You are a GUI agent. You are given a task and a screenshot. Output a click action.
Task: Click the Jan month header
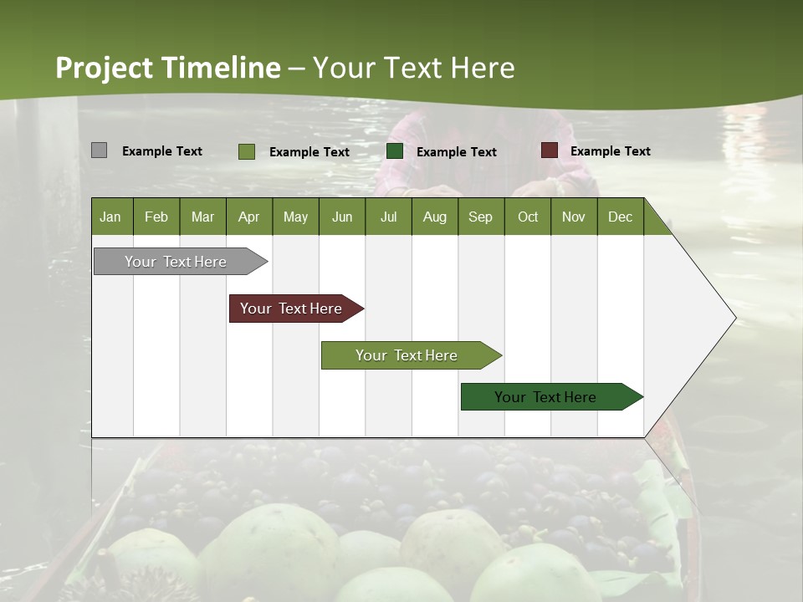coord(110,217)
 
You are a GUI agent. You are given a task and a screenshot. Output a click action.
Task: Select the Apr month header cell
coord(248,217)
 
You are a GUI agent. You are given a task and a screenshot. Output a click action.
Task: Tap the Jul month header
coord(388,217)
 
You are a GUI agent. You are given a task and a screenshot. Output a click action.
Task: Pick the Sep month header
coord(480,217)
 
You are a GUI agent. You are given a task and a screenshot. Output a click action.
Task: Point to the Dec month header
coord(620,217)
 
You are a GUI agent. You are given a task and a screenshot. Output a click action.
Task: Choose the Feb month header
coord(156,217)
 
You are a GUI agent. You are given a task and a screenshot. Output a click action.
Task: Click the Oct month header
coord(528,217)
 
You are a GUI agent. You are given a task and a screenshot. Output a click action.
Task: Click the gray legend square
coord(99,150)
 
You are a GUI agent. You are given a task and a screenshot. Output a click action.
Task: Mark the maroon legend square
coord(549,150)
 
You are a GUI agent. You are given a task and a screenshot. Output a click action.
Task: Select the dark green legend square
coord(395,151)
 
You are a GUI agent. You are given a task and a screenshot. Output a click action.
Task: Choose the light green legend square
coord(246,151)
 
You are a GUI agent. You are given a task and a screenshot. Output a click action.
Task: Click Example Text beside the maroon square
coord(610,151)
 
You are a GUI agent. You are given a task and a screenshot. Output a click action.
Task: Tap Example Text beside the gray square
coord(161,151)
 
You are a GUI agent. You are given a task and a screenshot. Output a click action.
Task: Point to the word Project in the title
coord(104,68)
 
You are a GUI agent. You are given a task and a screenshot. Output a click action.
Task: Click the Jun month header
coord(341,217)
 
